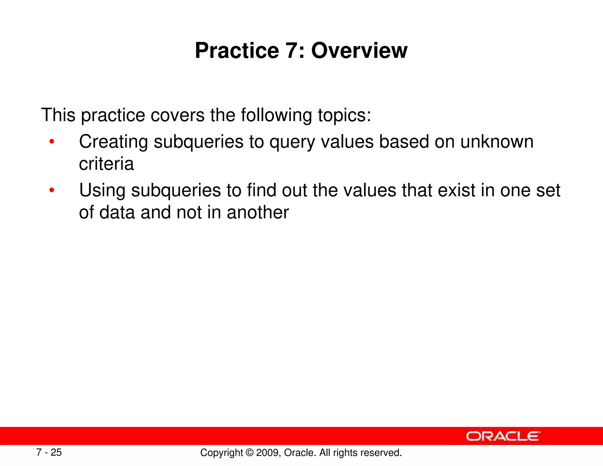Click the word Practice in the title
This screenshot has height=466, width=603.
click(x=237, y=51)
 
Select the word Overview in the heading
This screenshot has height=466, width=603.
click(x=359, y=51)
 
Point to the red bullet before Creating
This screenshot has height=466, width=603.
click(x=52, y=142)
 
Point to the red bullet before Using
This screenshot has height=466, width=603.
click(x=52, y=191)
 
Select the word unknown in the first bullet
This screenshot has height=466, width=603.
click(x=497, y=142)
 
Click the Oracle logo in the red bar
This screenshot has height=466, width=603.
click(x=503, y=436)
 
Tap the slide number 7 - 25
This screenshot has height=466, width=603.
click(x=49, y=452)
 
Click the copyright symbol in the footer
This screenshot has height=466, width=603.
click(x=249, y=453)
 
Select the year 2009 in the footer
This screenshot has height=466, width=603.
click(x=268, y=453)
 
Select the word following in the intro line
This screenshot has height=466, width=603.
click(x=276, y=115)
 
